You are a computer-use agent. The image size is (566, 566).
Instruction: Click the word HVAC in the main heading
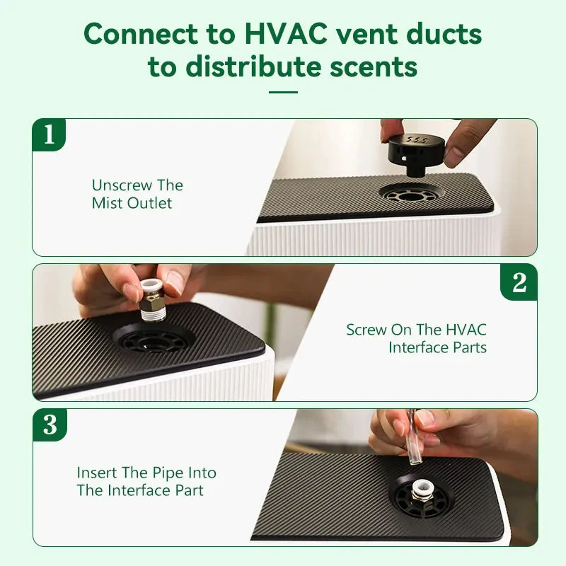click(x=286, y=34)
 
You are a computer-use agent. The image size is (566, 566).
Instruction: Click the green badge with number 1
click(x=49, y=134)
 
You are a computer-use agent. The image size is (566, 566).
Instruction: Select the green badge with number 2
click(x=519, y=282)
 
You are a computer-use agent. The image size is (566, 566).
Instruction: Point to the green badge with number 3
click(x=50, y=425)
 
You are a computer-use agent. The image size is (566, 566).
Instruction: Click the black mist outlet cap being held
click(x=416, y=154)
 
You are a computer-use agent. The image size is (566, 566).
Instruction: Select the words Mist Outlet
click(x=132, y=203)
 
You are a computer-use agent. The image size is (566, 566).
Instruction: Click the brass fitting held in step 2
click(x=152, y=299)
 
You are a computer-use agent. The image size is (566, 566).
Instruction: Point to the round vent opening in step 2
click(x=152, y=340)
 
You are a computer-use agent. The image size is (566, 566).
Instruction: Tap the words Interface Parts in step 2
click(x=437, y=347)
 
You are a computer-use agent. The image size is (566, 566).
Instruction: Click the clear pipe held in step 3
click(x=412, y=437)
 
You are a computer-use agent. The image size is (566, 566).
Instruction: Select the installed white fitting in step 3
click(x=421, y=492)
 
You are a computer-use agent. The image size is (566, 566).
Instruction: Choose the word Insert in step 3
click(x=97, y=473)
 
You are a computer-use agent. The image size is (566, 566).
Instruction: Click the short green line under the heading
click(x=284, y=92)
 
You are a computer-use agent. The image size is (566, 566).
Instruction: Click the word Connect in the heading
click(x=141, y=34)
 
